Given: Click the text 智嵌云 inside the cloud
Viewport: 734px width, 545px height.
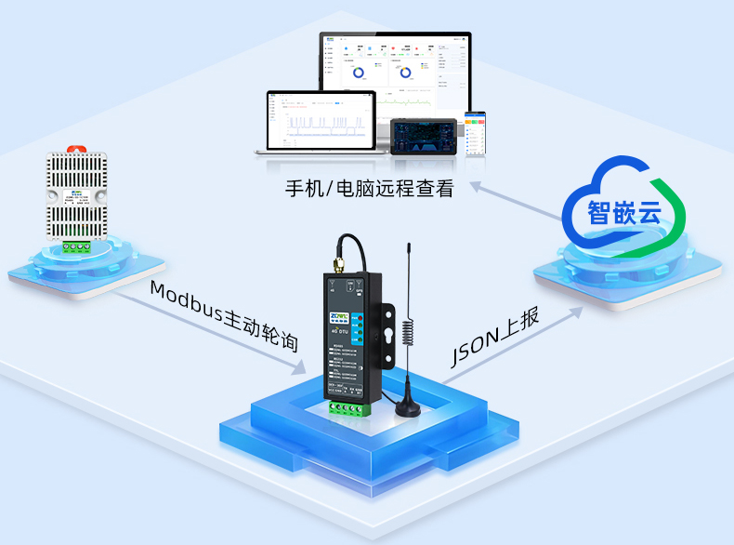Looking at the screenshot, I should [x=623, y=211].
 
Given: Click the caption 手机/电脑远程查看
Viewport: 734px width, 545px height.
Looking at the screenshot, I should [x=370, y=190].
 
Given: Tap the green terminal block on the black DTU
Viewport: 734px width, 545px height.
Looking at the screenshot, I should [x=349, y=406].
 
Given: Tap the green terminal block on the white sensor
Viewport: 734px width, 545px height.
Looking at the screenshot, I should [x=77, y=246].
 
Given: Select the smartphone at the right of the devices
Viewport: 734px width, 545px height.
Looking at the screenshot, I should [x=475, y=134].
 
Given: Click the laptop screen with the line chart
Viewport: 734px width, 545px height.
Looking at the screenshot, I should [x=321, y=119].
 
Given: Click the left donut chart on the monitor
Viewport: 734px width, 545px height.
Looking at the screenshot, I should [x=358, y=71].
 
